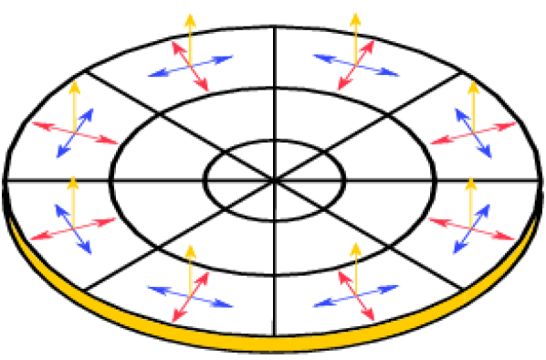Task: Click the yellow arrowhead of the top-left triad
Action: (x=190, y=20)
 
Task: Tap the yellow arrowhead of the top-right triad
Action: (x=355, y=19)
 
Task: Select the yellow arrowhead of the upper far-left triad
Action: (x=75, y=89)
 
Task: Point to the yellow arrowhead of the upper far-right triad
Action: (x=473, y=89)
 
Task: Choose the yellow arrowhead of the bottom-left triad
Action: (x=190, y=250)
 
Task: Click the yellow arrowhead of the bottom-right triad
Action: (x=356, y=249)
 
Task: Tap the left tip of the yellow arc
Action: (x=10, y=219)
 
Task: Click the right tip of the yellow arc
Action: (x=535, y=219)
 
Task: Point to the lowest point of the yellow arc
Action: (x=272, y=345)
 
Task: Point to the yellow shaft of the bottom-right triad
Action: (x=356, y=274)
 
